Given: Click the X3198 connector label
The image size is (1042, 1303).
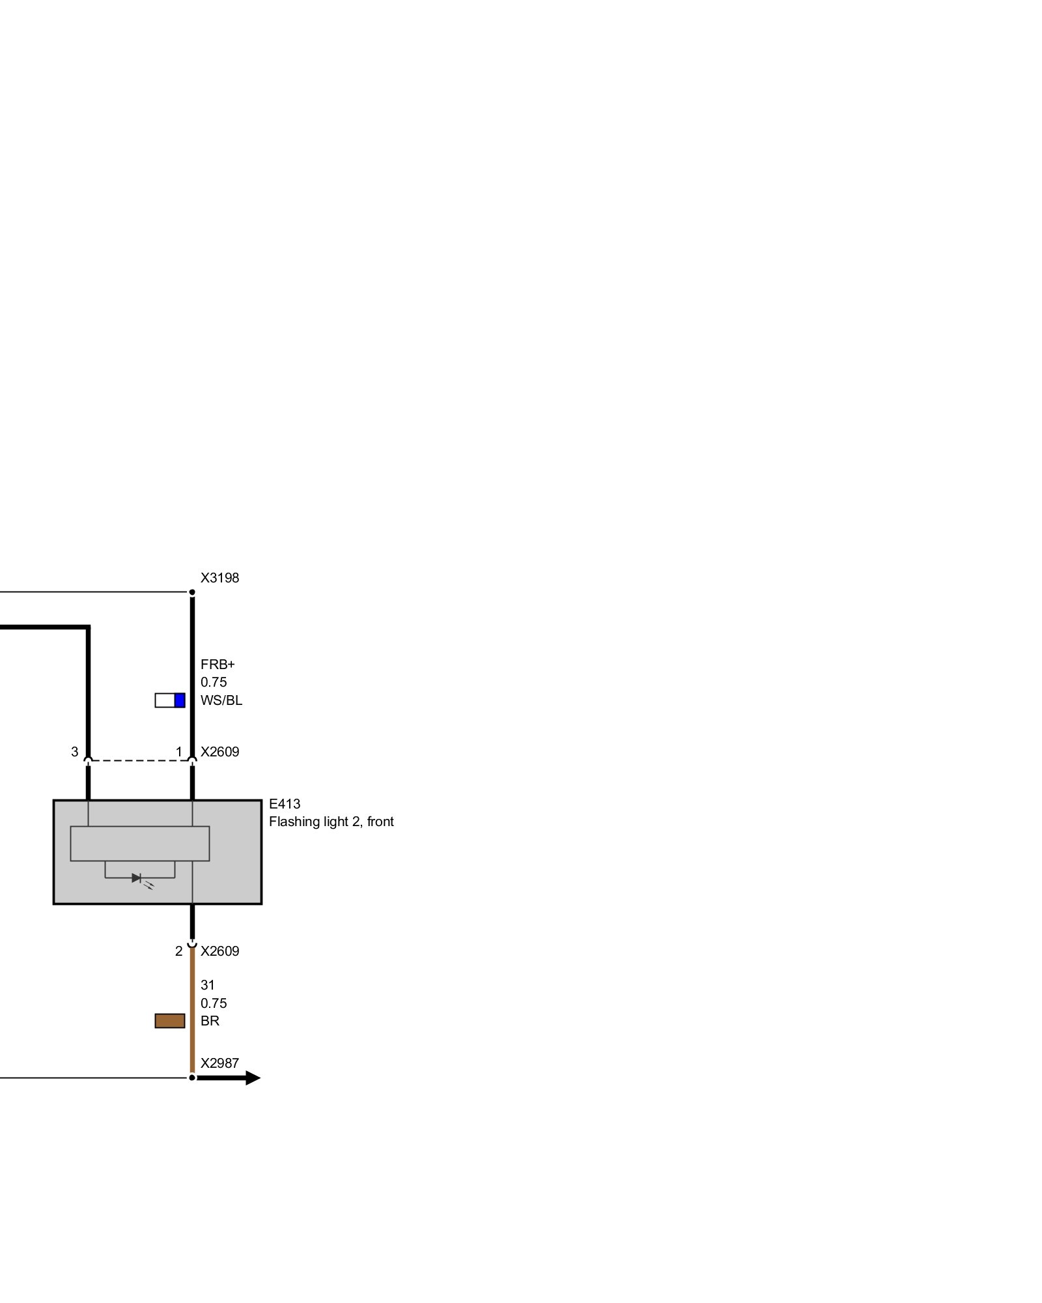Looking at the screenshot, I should tap(219, 578).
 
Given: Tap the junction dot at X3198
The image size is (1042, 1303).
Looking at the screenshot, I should tap(192, 592).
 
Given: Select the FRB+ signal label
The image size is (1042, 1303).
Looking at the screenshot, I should tap(218, 665).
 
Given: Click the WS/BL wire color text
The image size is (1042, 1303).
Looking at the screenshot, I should tap(221, 700).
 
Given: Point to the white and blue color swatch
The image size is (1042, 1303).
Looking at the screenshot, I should tap(170, 700).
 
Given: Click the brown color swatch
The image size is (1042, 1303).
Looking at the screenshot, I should tap(170, 1021).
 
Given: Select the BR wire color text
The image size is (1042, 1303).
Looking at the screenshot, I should tap(210, 1021).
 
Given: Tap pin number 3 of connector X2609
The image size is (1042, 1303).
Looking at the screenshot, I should tap(75, 752).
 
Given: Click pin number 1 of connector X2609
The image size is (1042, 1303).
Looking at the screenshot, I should tap(179, 752).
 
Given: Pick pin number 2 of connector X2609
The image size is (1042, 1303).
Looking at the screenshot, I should tap(179, 951).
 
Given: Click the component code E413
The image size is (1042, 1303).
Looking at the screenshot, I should tap(285, 804).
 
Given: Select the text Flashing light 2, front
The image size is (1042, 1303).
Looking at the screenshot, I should tap(331, 822).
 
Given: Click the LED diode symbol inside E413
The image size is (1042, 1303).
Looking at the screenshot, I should tap(137, 878).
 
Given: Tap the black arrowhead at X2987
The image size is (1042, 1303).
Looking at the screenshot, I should tap(253, 1078).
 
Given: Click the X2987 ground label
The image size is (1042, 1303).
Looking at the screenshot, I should tap(219, 1063).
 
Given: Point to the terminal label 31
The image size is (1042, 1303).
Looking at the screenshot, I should tap(207, 985).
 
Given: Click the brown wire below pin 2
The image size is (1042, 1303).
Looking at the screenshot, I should tap(192, 1010).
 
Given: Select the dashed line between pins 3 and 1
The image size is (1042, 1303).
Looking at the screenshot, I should tap(140, 760).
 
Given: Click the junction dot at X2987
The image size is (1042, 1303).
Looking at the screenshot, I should tap(192, 1078).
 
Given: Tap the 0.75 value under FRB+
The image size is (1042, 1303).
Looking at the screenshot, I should tap(214, 682).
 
